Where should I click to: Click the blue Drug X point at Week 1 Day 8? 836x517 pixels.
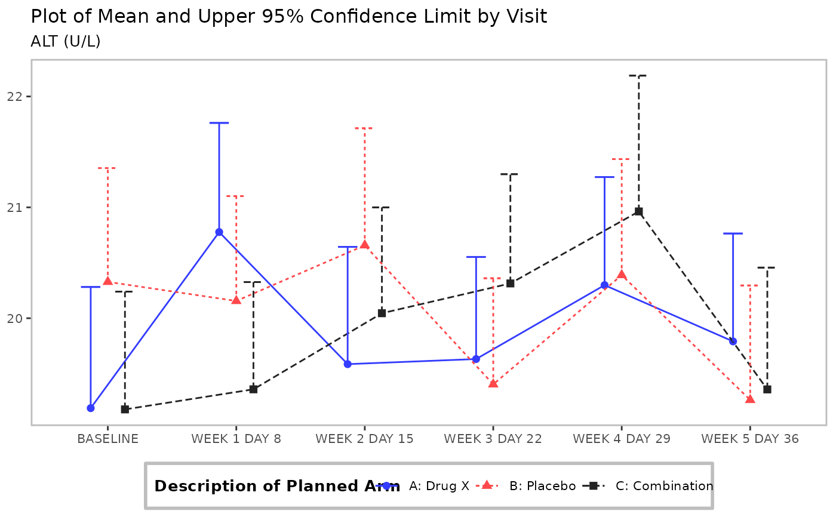[x=219, y=232]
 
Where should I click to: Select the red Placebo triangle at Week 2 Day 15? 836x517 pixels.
[x=364, y=244]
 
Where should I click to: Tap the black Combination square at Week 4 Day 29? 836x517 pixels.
[x=638, y=211]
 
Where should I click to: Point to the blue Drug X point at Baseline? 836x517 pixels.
[x=91, y=408]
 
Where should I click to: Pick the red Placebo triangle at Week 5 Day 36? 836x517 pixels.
[x=750, y=399]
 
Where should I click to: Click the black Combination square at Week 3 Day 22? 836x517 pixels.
[x=510, y=283]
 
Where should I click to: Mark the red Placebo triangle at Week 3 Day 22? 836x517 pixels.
[x=493, y=383]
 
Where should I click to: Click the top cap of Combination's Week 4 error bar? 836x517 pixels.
[x=638, y=76]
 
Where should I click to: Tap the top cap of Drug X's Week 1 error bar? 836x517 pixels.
[x=219, y=123]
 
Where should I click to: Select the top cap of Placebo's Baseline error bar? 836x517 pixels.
[x=107, y=168]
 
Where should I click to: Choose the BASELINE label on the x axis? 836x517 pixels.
[x=107, y=439]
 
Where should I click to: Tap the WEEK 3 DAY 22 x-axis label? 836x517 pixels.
[x=493, y=439]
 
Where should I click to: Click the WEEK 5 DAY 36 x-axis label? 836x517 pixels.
[x=750, y=439]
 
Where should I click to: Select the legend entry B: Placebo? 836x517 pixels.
[x=542, y=486]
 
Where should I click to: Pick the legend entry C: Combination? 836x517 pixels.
[x=664, y=486]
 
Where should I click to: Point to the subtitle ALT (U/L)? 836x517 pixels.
[x=66, y=42]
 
